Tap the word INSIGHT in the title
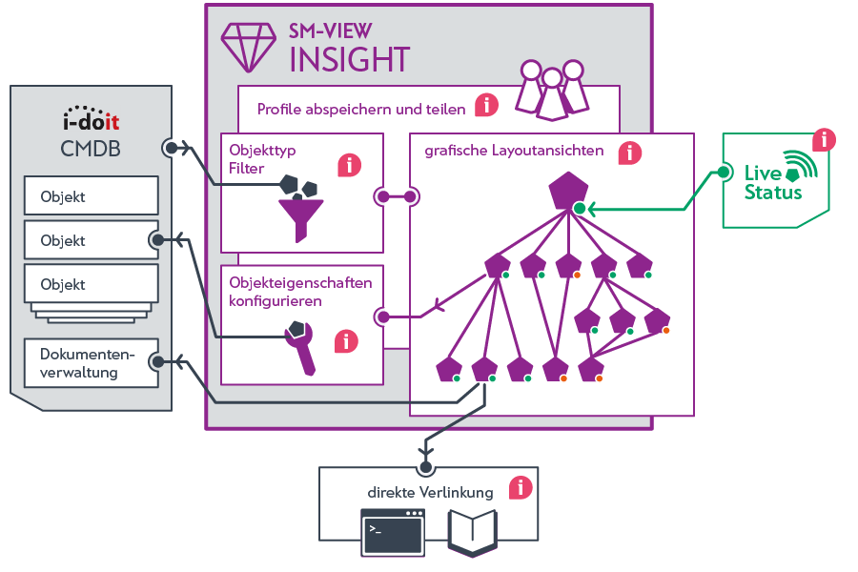click(x=349, y=59)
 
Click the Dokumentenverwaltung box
click(x=92, y=363)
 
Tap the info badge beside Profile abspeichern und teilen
click(x=486, y=106)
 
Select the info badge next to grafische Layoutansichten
click(x=629, y=153)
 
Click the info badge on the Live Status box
click(x=824, y=140)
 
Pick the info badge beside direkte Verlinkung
click(x=520, y=488)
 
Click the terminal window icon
click(x=392, y=533)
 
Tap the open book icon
click(x=473, y=532)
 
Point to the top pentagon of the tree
click(x=568, y=190)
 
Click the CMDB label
click(x=90, y=149)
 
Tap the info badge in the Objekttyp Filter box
click(x=350, y=165)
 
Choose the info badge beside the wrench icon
click(x=345, y=341)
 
